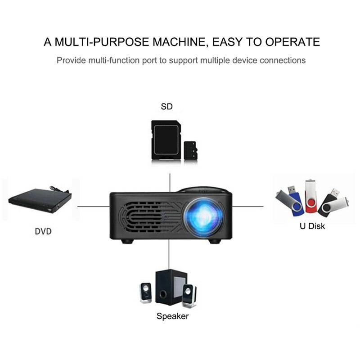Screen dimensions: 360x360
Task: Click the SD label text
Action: [166, 107]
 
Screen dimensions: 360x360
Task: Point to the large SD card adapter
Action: [165, 140]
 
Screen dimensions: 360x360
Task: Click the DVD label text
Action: [43, 232]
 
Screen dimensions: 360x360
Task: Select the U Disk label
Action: [312, 226]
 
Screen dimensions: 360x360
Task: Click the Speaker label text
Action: [172, 316]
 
